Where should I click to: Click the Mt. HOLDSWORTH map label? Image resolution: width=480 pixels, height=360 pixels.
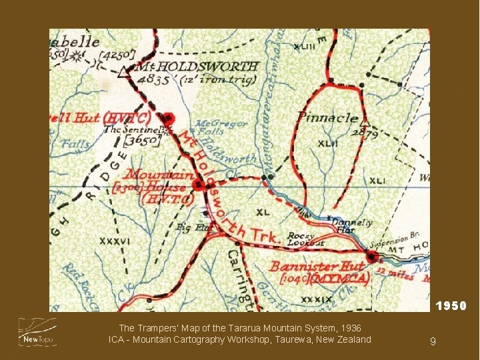coord(197,67)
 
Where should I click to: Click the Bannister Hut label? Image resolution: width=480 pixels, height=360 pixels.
coord(317,267)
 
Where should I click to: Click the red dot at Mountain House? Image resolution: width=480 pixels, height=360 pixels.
coord(197,185)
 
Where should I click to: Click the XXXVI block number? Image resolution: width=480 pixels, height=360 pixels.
coord(115,241)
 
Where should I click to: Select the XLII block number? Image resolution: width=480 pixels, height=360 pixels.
coord(328,143)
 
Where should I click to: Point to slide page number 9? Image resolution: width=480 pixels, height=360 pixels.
coord(433,341)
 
